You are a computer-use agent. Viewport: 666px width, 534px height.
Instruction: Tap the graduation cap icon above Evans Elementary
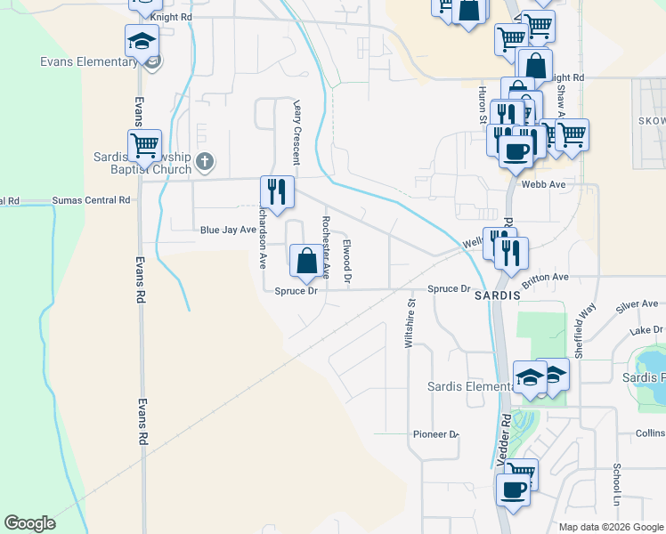142,41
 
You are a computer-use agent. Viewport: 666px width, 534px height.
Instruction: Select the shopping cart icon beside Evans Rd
144,145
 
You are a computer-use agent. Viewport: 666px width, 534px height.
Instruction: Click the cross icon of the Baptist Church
205,162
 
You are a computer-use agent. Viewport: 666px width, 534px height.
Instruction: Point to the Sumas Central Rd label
91,200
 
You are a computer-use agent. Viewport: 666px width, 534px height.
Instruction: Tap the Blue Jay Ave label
228,230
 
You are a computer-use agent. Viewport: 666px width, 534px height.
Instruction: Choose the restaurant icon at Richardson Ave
277,191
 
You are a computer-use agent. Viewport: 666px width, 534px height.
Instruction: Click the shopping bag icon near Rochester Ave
306,261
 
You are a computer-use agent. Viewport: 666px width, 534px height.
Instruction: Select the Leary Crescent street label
296,131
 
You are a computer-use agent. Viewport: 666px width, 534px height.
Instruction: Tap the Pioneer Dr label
435,434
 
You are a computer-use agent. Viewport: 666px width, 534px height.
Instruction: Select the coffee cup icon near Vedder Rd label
513,489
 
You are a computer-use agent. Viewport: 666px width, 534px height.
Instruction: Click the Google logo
29,523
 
